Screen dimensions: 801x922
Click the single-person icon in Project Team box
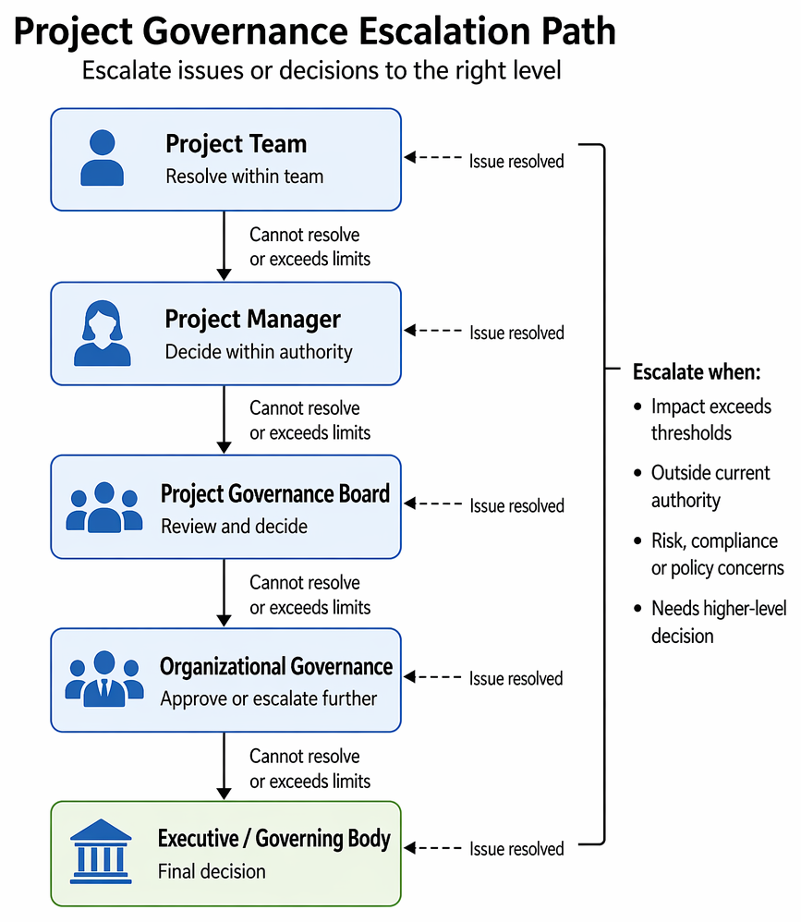coord(102,158)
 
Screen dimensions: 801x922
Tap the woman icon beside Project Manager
coord(103,333)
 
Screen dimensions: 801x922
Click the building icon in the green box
coord(101,851)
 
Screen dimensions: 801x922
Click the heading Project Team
coord(236,144)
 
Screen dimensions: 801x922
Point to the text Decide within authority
coord(259,352)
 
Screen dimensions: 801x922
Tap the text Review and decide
coord(234,526)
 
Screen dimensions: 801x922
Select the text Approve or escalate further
coord(269,698)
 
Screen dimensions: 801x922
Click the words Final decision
coord(212,871)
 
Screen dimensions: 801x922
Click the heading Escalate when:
coord(697,371)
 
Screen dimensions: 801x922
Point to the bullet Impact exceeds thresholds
coord(702,419)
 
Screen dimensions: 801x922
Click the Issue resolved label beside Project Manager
coord(516,333)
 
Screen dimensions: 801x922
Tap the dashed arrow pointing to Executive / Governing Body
coord(433,847)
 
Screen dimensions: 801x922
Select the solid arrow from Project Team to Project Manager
coord(224,246)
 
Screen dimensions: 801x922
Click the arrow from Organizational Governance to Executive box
coord(224,766)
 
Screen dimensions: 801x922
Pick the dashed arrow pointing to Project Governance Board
coord(433,503)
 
